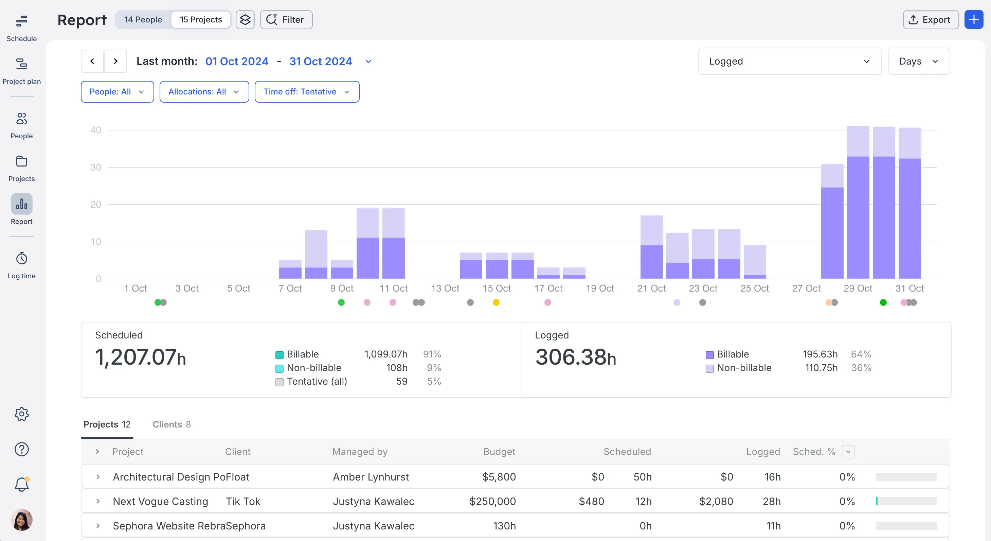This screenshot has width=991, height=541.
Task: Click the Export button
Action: click(x=930, y=20)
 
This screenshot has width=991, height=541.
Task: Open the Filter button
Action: click(x=286, y=20)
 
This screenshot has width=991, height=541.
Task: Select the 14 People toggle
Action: click(x=143, y=20)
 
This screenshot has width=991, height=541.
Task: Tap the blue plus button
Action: click(x=974, y=20)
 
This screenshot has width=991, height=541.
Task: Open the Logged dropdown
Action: click(x=789, y=61)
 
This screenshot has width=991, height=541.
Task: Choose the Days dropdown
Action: click(x=919, y=61)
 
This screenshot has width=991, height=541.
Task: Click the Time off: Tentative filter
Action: click(x=307, y=92)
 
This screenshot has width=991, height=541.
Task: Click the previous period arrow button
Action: click(x=92, y=61)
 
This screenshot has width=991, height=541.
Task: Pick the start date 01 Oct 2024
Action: click(x=237, y=61)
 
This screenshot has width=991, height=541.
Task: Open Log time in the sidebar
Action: click(x=21, y=265)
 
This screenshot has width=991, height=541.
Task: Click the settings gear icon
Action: click(x=21, y=414)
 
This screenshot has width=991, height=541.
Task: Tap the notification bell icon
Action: click(x=21, y=484)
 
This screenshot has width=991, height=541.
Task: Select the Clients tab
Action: click(x=172, y=424)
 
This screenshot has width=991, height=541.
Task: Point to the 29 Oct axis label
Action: click(x=858, y=289)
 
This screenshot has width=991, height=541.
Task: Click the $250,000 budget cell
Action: click(x=492, y=501)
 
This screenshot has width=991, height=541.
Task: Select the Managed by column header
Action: click(x=360, y=452)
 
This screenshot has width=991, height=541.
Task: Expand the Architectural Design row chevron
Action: click(x=98, y=477)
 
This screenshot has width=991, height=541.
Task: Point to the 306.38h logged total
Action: click(x=576, y=357)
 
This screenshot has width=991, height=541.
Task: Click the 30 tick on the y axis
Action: click(x=96, y=168)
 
